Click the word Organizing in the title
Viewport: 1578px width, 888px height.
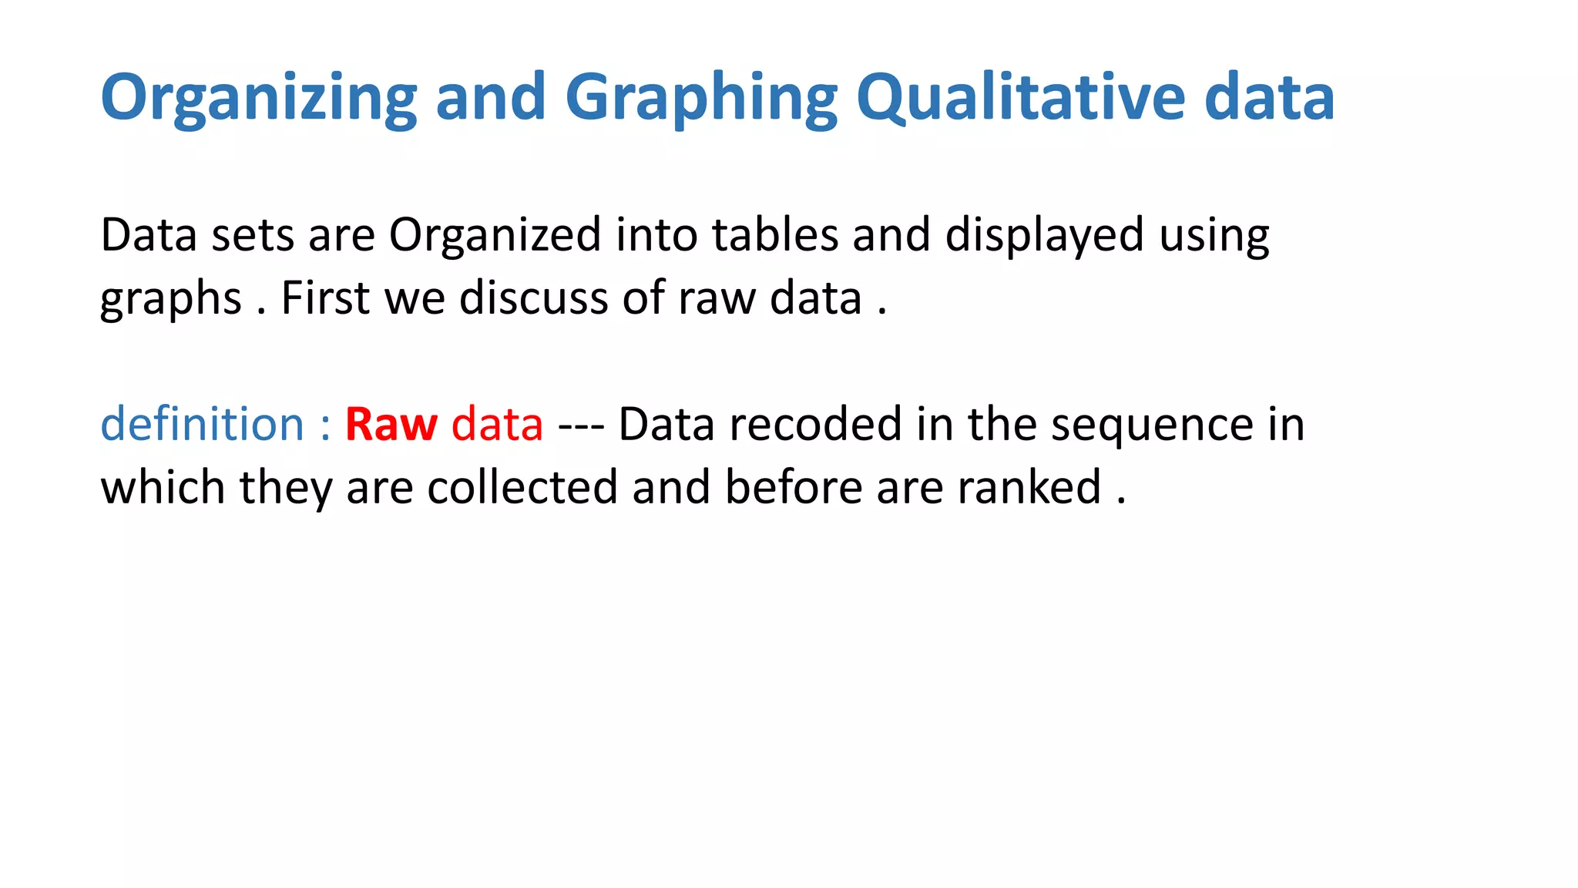coord(259,98)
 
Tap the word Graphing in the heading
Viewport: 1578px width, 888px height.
coord(700,98)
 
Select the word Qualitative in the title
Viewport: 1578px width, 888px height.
coord(1020,98)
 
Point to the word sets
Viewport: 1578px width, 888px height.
coord(252,235)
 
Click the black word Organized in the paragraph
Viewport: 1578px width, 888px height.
coord(494,235)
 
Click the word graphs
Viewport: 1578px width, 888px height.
coord(170,299)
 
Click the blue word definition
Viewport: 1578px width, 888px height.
coord(203,424)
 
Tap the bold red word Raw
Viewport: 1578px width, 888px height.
coord(391,424)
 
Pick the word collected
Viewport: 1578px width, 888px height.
coord(522,487)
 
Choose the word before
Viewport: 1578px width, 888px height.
coord(793,487)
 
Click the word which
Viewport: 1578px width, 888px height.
coord(163,487)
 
